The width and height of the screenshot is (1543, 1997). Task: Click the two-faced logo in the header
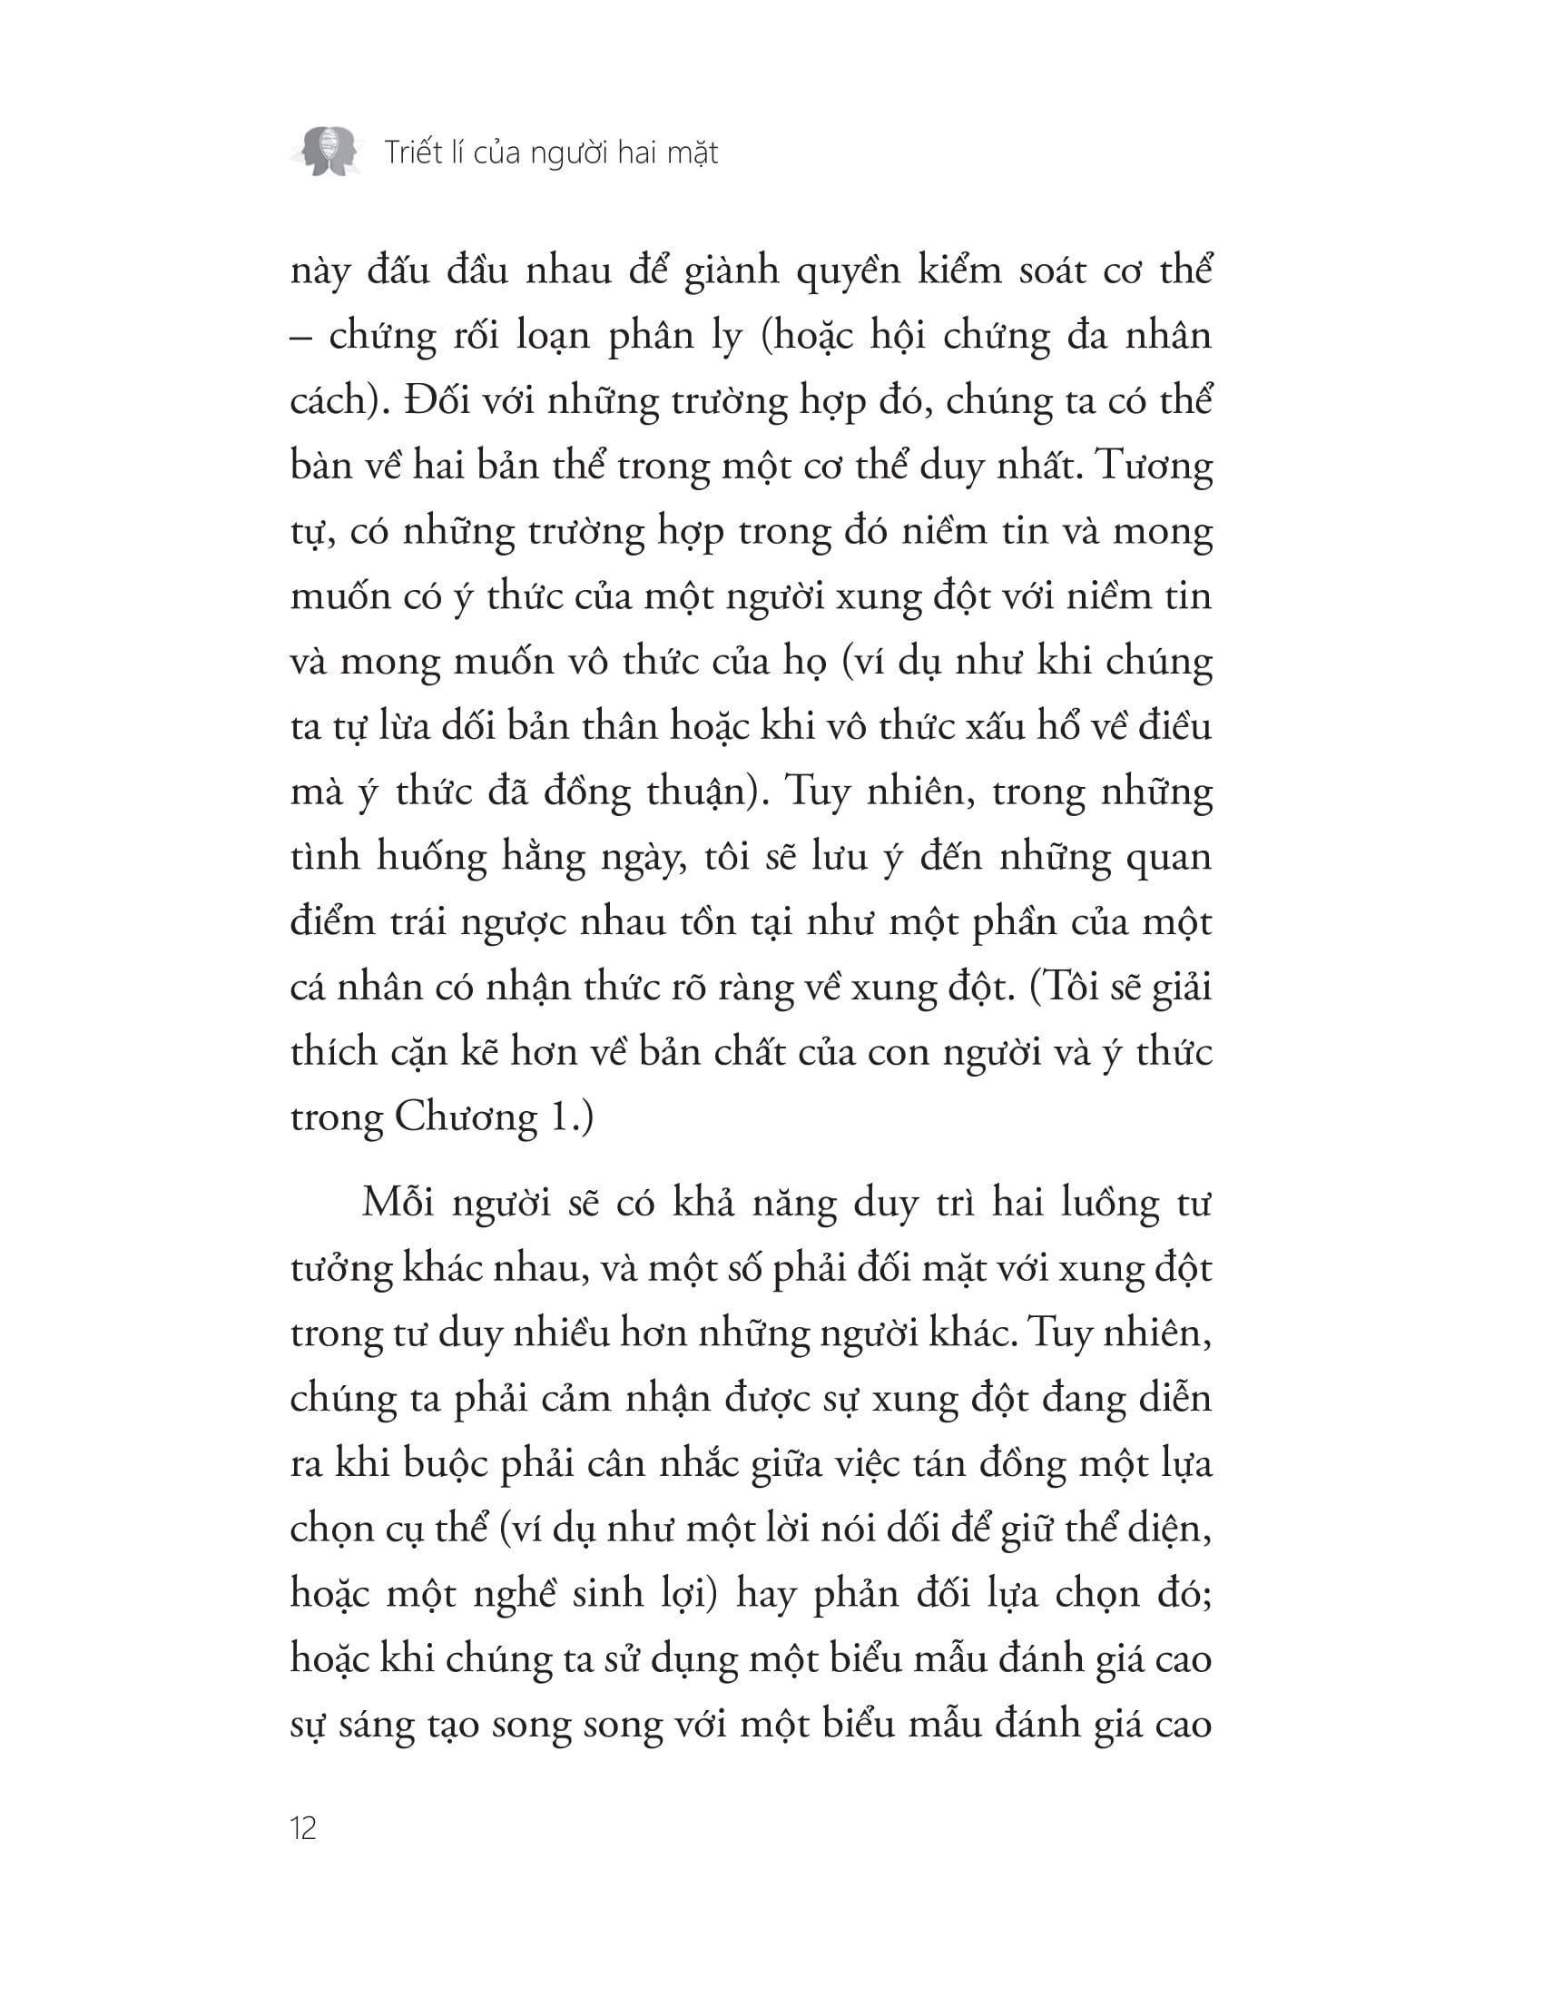pyautogui.click(x=325, y=151)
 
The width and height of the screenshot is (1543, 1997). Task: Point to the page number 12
pyautogui.click(x=303, y=1828)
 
